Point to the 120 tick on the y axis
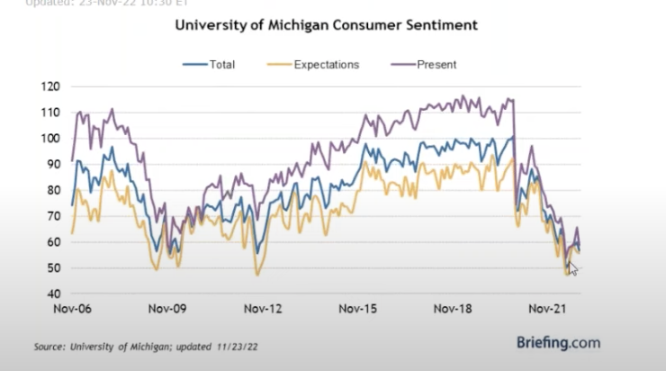click(x=51, y=86)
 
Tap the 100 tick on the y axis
click(x=51, y=139)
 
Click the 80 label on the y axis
click(x=54, y=190)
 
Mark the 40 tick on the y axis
click(x=54, y=294)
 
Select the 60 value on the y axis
click(x=54, y=242)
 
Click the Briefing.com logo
click(x=559, y=342)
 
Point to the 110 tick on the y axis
click(x=51, y=113)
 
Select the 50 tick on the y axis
click(x=54, y=268)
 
